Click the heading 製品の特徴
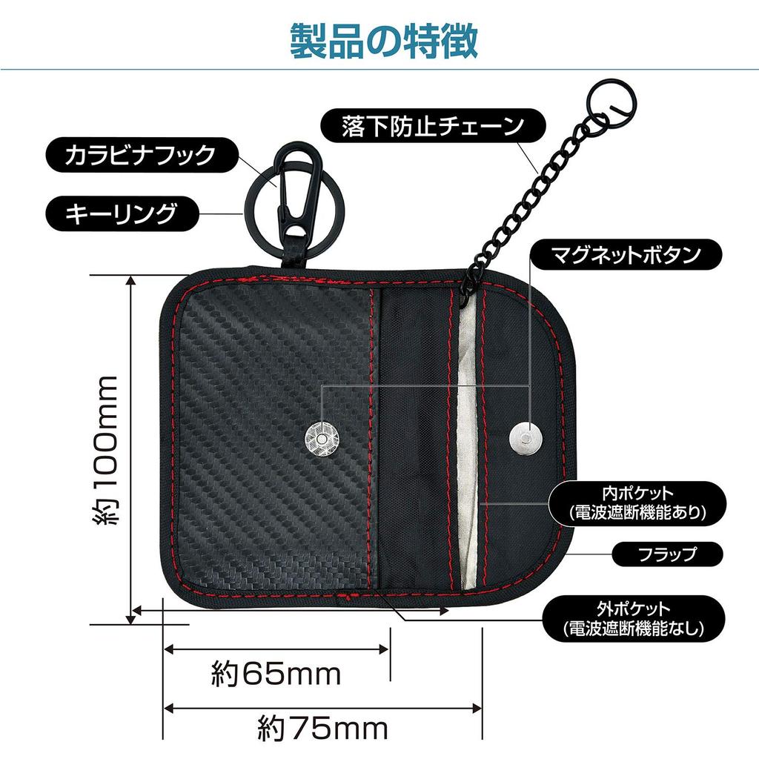point(384,42)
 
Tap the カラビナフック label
point(142,156)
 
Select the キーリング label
point(122,213)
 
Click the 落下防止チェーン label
point(433,125)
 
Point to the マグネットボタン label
point(626,254)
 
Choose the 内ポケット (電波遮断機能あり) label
point(637,503)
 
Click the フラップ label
point(668,554)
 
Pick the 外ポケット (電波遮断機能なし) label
point(634,619)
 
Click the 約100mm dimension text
point(105,450)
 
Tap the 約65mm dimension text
point(276,675)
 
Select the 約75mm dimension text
point(323,729)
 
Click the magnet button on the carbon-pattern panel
point(321,438)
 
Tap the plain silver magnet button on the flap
point(526,438)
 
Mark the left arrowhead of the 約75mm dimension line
point(168,709)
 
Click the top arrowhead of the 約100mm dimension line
point(130,280)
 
